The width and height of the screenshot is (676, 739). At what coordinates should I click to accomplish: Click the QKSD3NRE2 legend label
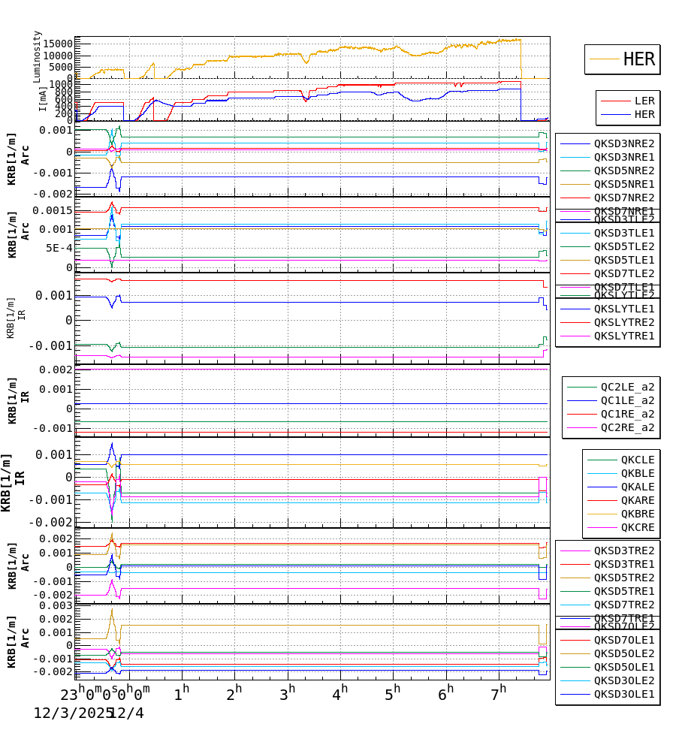click(623, 143)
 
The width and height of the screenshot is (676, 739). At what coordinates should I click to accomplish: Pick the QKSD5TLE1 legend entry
click(623, 260)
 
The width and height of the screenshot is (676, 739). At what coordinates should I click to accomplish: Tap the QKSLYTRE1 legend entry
click(623, 336)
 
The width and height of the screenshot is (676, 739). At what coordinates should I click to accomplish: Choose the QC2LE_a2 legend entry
click(626, 387)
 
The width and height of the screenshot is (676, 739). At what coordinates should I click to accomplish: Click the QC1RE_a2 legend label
click(626, 414)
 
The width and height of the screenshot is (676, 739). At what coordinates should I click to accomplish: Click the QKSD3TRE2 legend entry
click(623, 550)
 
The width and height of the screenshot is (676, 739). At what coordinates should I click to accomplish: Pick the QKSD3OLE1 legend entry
click(623, 694)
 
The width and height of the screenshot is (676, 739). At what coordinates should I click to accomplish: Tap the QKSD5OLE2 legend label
click(623, 653)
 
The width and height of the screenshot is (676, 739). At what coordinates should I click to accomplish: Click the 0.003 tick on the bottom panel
click(57, 605)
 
